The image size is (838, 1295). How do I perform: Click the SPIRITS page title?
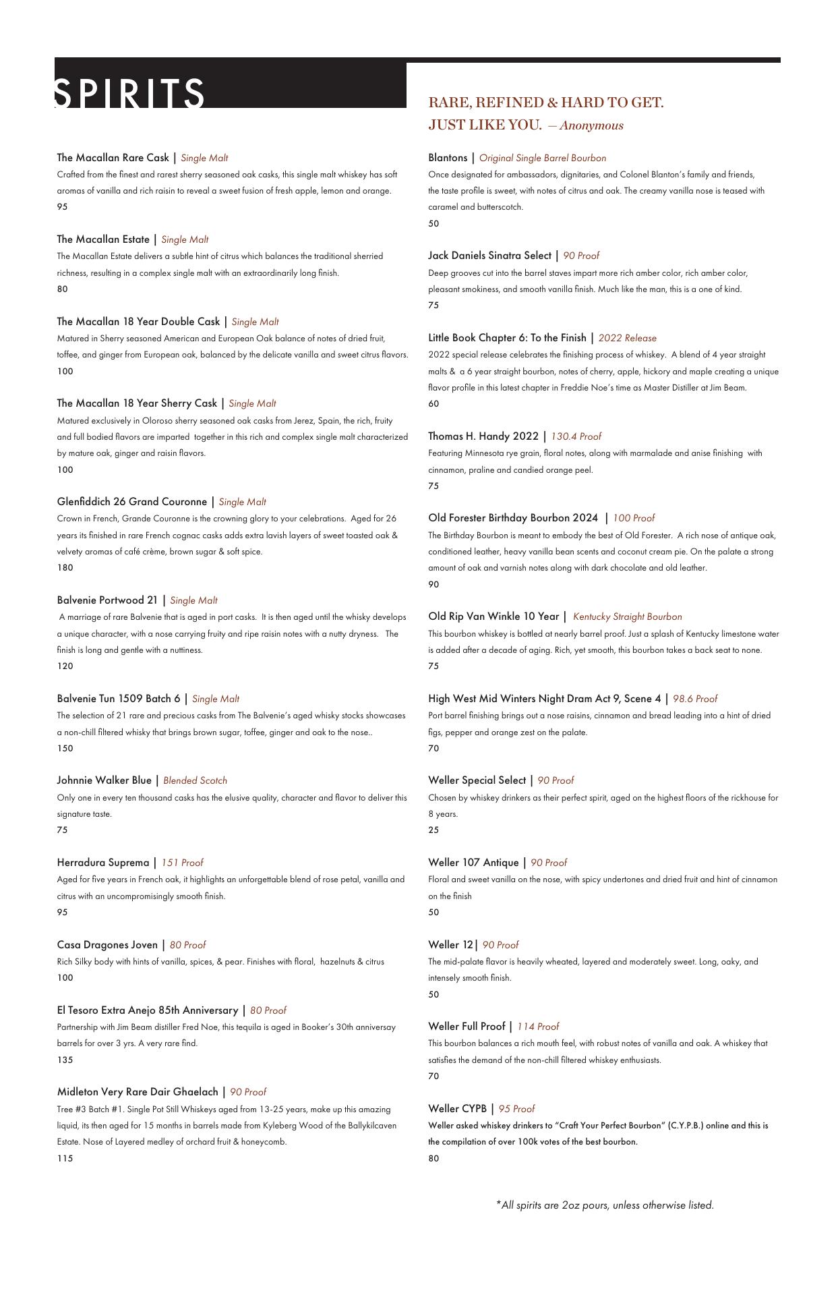pos(129,93)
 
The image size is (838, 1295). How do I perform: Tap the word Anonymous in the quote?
pos(591,125)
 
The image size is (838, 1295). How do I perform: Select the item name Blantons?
pos(448,158)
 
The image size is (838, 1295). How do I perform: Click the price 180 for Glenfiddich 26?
pos(65,568)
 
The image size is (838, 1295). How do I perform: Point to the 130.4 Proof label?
pos(576,436)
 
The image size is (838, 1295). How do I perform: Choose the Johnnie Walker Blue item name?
pos(104,780)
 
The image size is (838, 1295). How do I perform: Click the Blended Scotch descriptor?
pos(195,781)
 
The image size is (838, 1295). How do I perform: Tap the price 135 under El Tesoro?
pos(65,1060)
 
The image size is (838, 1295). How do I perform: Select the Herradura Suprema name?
pos(103,863)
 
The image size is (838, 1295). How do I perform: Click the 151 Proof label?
pos(182,863)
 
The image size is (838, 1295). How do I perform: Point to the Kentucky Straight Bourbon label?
pos(627,617)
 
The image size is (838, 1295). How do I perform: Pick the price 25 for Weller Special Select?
pos(433,830)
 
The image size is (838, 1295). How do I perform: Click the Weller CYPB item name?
pos(457,1109)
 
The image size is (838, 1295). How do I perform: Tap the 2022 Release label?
pos(627,338)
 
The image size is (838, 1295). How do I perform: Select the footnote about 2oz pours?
pos(605,1205)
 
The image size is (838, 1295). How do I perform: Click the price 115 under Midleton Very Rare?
pos(65,1158)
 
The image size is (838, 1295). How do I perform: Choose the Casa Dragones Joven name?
pos(107,945)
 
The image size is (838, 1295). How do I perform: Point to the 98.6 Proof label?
pos(694,699)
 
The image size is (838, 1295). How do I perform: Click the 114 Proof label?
pos(538,1027)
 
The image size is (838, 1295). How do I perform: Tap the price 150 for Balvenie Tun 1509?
pos(65,748)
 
